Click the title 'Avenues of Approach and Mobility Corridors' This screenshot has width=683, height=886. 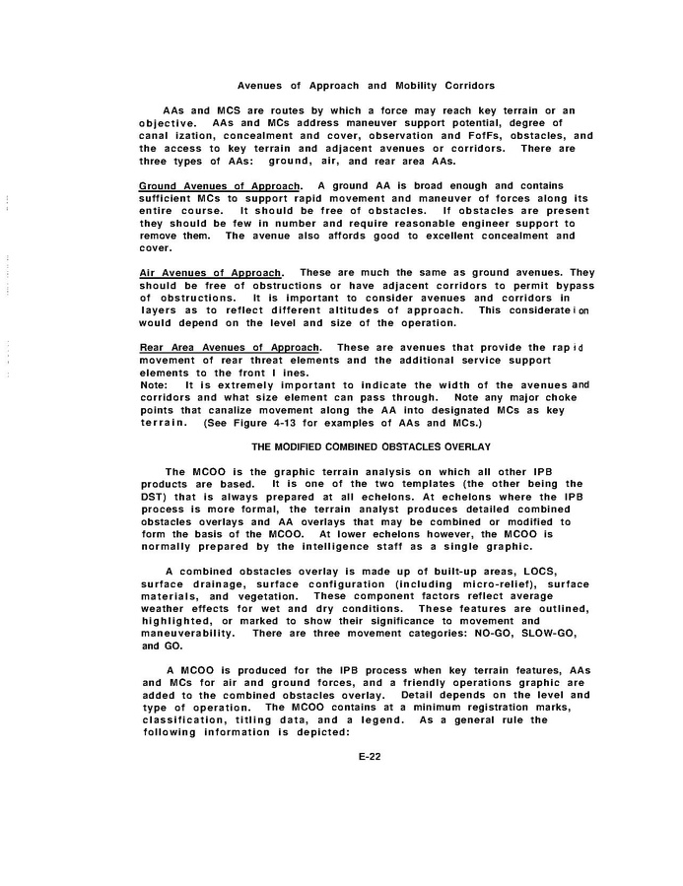pyautogui.click(x=366, y=86)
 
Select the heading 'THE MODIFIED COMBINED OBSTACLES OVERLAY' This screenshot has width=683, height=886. pyautogui.click(x=365, y=446)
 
